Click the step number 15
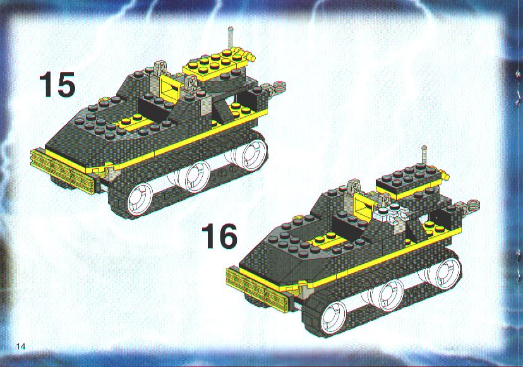(57, 85)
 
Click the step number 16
(220, 236)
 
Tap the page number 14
(21, 347)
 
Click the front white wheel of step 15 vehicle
(140, 200)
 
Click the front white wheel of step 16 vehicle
(334, 314)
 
